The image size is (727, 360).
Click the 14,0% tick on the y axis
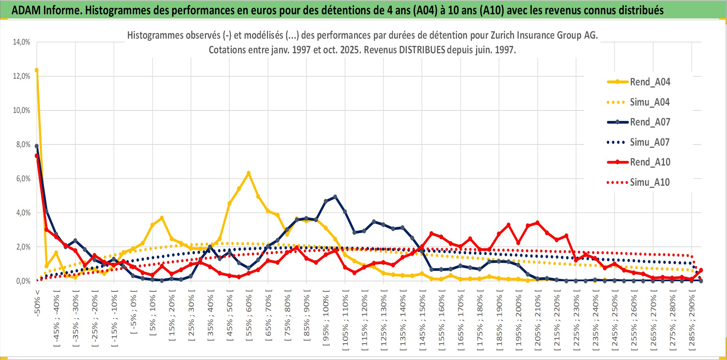22,42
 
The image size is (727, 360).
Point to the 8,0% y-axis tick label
23,145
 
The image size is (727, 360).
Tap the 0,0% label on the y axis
23,281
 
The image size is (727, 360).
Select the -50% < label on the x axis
37,303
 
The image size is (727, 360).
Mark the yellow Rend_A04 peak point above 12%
37,70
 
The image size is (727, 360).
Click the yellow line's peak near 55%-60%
248,173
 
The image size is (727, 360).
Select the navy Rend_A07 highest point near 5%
335,197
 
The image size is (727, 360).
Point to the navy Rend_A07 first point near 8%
37,146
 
